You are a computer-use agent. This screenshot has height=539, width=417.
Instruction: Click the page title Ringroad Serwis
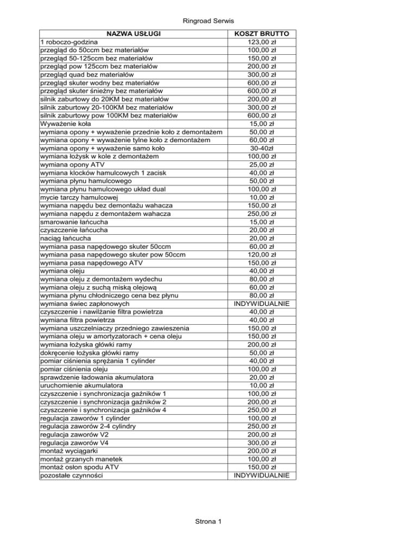[x=208, y=20]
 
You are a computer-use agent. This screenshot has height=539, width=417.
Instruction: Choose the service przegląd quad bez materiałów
[x=87, y=74]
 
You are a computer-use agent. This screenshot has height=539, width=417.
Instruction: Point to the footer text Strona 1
[x=208, y=522]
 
